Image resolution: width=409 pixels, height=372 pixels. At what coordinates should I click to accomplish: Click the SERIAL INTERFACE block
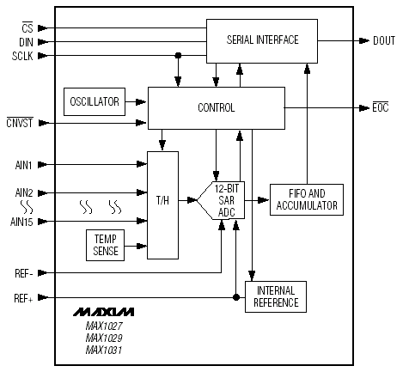click(262, 41)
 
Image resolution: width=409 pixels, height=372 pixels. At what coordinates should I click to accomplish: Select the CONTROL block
click(217, 108)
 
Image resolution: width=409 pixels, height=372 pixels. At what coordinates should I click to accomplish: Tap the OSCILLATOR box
click(95, 101)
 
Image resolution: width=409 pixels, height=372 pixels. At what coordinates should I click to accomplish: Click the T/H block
click(162, 205)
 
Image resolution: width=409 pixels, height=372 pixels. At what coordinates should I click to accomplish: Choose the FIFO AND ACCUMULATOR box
click(307, 199)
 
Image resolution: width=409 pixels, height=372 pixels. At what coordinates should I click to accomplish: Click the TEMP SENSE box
click(105, 245)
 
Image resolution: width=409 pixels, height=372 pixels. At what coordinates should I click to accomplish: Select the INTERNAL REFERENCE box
click(276, 296)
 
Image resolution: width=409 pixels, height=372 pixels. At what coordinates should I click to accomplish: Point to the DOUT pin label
click(384, 40)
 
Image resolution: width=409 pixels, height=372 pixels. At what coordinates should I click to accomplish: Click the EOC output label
click(381, 107)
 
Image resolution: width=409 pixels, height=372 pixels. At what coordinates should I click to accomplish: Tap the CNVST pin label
click(20, 123)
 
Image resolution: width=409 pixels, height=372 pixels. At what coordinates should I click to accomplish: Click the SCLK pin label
click(22, 56)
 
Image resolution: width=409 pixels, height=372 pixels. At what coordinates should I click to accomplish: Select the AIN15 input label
click(21, 222)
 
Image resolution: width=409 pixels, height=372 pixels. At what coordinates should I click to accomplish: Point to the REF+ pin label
click(23, 298)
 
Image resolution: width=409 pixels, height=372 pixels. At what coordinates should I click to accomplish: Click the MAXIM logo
click(103, 312)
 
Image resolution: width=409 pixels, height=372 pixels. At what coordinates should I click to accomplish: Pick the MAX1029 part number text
click(104, 338)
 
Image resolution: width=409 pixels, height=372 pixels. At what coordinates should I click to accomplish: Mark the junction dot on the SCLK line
click(178, 55)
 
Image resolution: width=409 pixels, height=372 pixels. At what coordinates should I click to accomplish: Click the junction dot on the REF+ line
click(236, 297)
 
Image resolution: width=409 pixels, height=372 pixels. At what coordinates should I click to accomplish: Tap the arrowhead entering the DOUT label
click(364, 40)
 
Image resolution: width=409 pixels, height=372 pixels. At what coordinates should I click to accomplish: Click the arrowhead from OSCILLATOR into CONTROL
click(141, 101)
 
